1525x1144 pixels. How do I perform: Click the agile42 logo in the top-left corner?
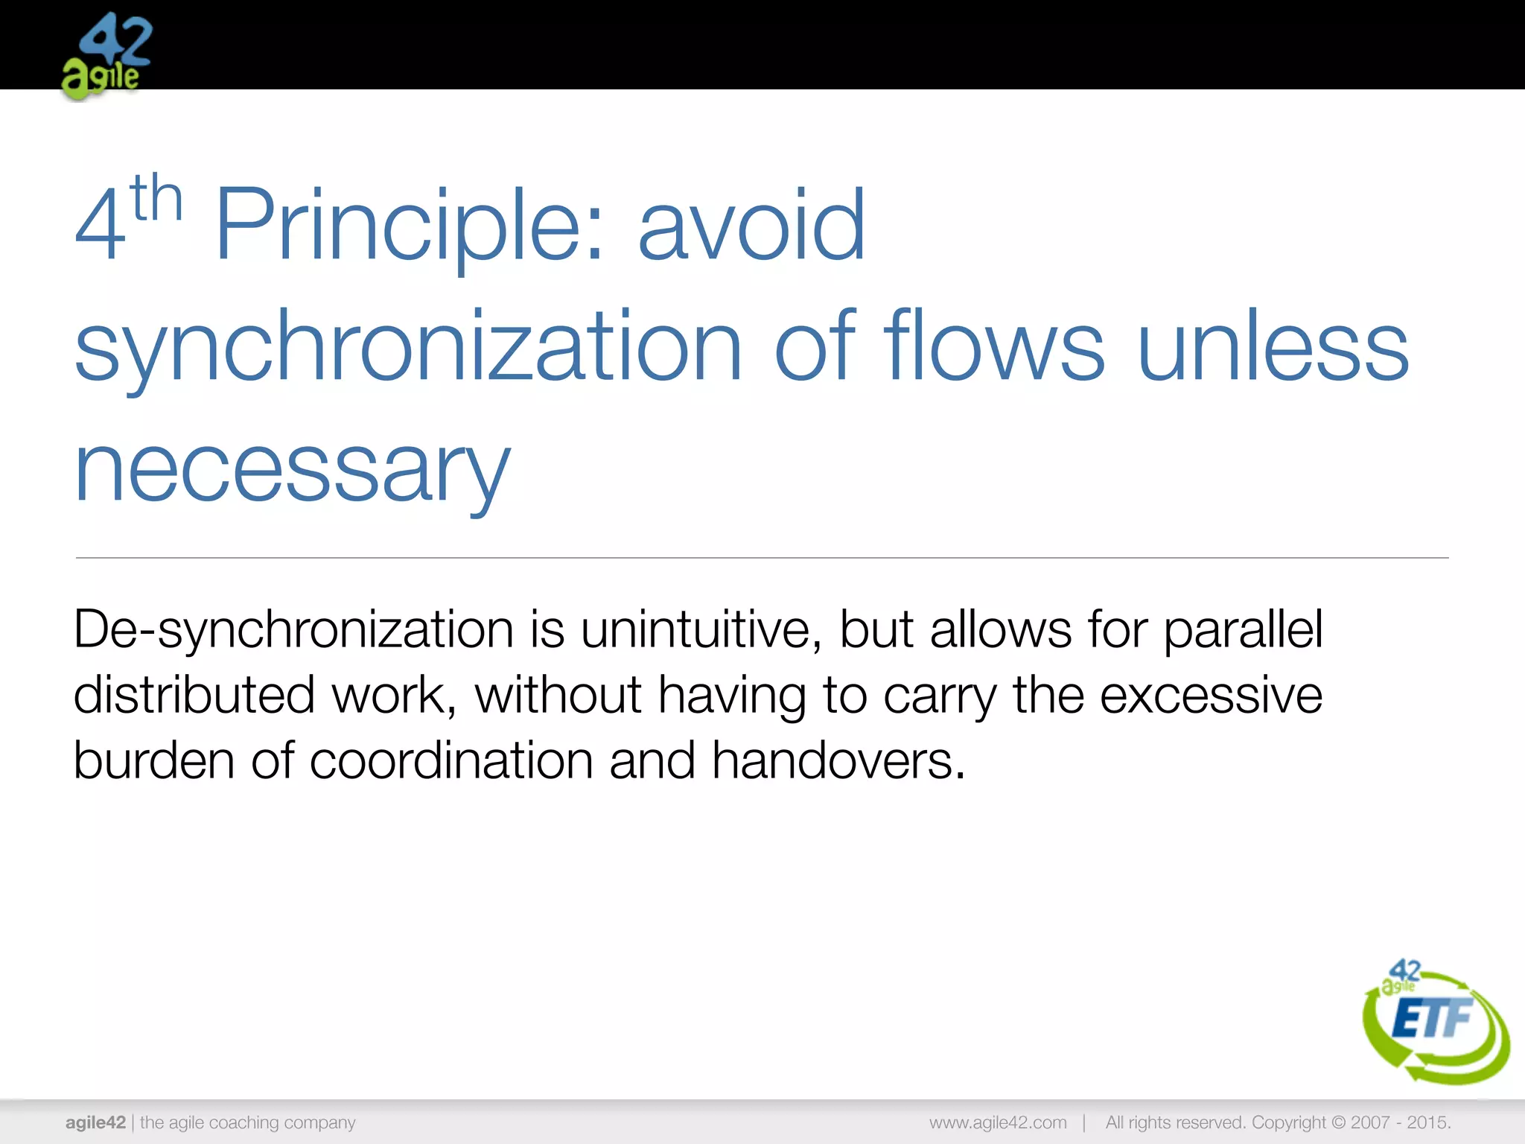[106, 57]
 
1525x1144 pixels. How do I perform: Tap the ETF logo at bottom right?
[1434, 1022]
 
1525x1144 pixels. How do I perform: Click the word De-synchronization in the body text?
[293, 630]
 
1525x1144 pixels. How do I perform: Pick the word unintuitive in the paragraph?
[700, 630]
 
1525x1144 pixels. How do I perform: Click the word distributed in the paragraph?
[194, 695]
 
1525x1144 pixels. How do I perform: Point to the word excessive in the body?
[1211, 695]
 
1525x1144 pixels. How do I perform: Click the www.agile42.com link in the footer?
[998, 1122]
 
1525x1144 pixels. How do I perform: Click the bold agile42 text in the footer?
[95, 1122]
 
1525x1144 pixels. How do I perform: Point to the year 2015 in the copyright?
[1427, 1122]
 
